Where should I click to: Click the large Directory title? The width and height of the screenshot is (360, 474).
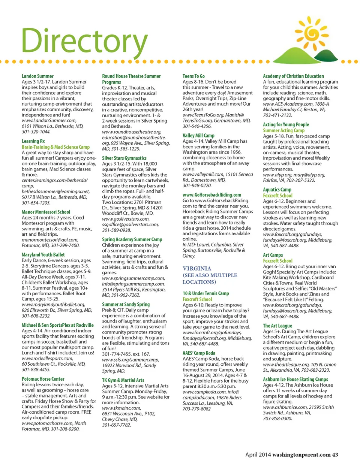click(84, 41)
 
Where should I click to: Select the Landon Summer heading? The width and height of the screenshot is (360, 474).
click(37, 76)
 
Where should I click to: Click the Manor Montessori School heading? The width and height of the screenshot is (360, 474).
click(46, 212)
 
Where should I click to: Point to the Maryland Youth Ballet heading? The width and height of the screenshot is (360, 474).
click(43, 255)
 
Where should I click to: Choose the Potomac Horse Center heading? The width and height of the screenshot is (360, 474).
click(43, 379)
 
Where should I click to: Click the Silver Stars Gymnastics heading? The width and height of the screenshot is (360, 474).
click(124, 158)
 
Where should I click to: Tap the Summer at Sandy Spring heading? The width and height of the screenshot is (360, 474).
click(126, 305)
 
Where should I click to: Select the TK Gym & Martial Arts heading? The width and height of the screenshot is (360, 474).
click(123, 380)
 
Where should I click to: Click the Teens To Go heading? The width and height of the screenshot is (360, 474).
click(193, 76)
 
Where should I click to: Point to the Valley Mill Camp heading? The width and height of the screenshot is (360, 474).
click(198, 136)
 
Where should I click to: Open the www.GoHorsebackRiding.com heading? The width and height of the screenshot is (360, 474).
click(212, 195)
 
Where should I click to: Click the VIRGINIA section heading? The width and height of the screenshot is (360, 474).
click(197, 269)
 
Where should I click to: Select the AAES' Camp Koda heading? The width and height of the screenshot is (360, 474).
click(199, 353)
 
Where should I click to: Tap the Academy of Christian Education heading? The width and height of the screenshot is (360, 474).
click(293, 76)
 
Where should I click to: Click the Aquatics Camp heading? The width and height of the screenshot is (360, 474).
click(277, 190)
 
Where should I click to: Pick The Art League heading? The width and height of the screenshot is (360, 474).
click(277, 326)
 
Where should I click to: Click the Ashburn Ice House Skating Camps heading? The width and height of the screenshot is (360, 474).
click(295, 380)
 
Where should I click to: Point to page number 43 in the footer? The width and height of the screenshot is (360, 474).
click(335, 455)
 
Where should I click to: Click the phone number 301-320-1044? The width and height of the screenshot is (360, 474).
click(36, 132)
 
